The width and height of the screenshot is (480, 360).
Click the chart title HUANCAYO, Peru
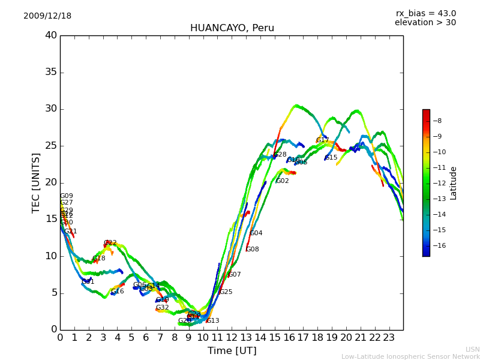[232, 28]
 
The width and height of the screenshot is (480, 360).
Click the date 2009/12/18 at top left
[47, 16]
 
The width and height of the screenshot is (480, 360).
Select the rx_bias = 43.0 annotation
[425, 14]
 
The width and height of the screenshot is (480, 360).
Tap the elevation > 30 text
[425, 23]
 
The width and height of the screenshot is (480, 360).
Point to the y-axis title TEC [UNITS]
[36, 182]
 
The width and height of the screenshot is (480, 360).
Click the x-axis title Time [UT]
[232, 351]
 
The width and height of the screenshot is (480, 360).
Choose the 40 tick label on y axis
[51, 35]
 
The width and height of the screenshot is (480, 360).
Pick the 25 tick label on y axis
[51, 146]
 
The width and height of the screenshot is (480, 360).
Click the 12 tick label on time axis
[232, 338]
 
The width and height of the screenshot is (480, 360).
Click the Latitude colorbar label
[454, 183]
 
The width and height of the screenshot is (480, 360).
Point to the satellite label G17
[323, 140]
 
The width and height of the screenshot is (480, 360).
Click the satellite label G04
[256, 233]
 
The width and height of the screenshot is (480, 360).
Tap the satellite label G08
[253, 250]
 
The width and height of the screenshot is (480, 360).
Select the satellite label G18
[99, 259]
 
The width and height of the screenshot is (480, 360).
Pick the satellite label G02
[283, 181]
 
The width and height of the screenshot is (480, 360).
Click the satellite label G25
[226, 292]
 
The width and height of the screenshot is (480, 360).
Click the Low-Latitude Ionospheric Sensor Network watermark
[410, 356]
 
